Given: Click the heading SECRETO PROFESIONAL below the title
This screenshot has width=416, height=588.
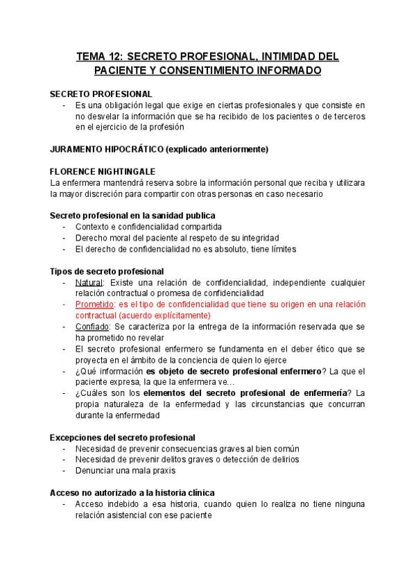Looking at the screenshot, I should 101,94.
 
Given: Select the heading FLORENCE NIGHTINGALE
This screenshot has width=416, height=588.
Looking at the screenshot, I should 103,171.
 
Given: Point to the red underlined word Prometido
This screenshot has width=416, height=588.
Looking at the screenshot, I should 94,304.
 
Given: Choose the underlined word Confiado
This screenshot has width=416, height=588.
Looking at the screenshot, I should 92,326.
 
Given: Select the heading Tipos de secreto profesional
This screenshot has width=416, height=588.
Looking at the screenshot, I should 107,271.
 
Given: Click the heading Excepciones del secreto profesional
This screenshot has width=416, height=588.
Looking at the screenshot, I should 123,438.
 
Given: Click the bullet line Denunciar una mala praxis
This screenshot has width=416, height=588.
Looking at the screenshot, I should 132,470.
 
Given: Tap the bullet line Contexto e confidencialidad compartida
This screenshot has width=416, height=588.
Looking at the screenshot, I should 148,227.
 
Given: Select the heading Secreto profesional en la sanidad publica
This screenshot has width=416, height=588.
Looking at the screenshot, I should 132,216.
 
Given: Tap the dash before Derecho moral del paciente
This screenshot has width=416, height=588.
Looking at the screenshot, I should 64,238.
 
